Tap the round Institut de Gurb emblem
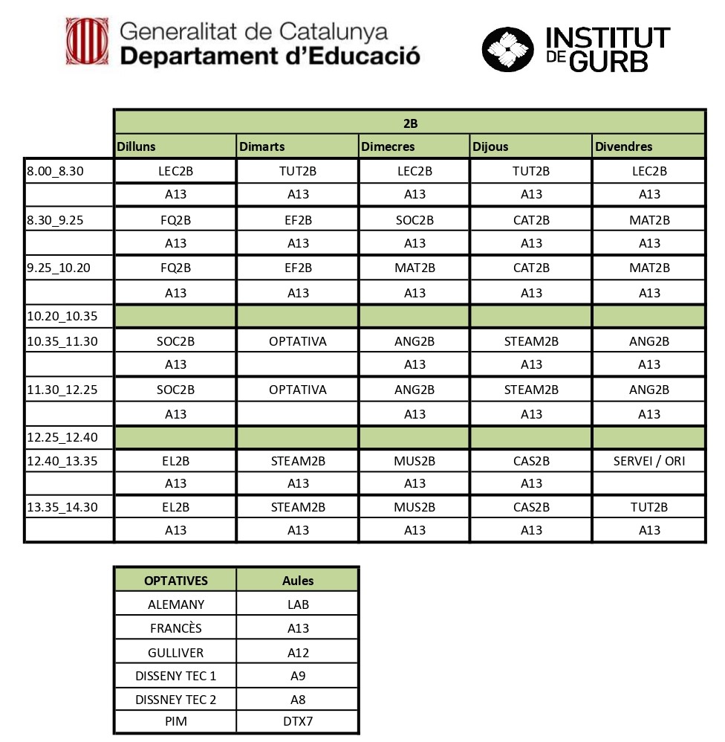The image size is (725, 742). click(508, 50)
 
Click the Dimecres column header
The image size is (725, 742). click(388, 146)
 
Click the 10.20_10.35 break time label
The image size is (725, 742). click(62, 316)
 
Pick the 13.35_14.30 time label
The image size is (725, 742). click(62, 507)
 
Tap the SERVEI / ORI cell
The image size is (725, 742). click(649, 461)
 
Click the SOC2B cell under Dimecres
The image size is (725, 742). click(414, 220)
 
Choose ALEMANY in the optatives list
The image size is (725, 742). click(176, 604)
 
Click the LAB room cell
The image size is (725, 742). click(298, 604)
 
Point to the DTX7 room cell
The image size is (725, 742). click(298, 722)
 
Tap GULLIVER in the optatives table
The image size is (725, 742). click(176, 652)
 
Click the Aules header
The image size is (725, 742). click(298, 580)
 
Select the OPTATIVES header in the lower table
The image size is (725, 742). click(176, 580)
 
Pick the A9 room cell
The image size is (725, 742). click(298, 676)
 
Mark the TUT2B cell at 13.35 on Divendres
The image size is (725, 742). click(649, 507)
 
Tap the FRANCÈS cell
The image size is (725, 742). click(176, 628)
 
